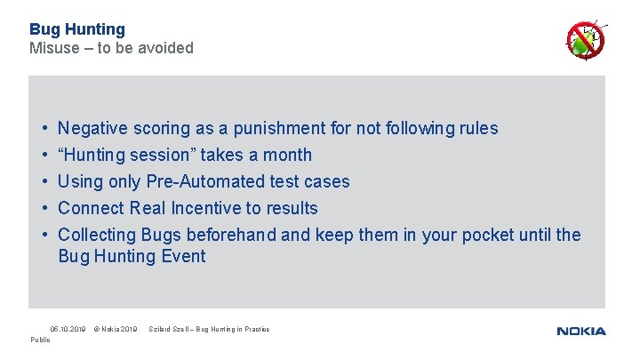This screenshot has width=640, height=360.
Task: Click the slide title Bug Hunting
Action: pyautogui.click(x=77, y=29)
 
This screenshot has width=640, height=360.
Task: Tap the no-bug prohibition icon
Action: pyautogui.click(x=586, y=39)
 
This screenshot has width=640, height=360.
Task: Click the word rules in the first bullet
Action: pyautogui.click(x=478, y=128)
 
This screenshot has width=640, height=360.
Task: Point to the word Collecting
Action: pyautogui.click(x=97, y=235)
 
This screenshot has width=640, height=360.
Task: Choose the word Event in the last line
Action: pyautogui.click(x=181, y=256)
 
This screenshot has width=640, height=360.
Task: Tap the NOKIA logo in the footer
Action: pyautogui.click(x=581, y=331)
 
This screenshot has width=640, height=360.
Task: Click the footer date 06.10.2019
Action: pyautogui.click(x=68, y=330)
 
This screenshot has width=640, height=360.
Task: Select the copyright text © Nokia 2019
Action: pyautogui.click(x=116, y=330)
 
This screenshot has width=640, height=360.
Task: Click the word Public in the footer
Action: pyautogui.click(x=41, y=340)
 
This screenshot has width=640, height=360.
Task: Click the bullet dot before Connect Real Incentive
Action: pyautogui.click(x=44, y=208)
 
